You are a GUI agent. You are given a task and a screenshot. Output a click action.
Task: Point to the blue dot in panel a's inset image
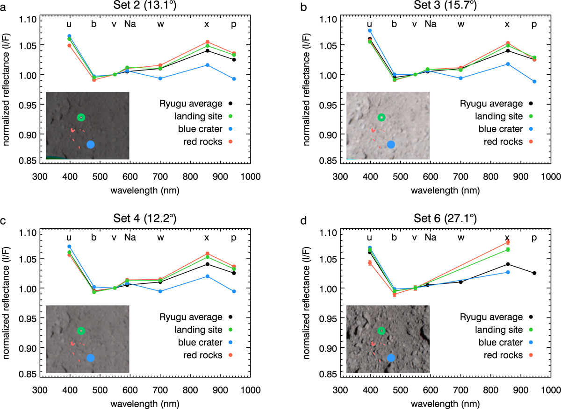[91, 145]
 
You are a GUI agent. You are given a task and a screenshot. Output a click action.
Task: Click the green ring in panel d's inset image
[381, 331]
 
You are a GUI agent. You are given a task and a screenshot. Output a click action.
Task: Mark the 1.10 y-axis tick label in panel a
[27, 19]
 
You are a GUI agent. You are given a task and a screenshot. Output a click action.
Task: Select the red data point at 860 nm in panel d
[507, 242]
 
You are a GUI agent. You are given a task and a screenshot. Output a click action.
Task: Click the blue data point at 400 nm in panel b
[370, 31]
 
